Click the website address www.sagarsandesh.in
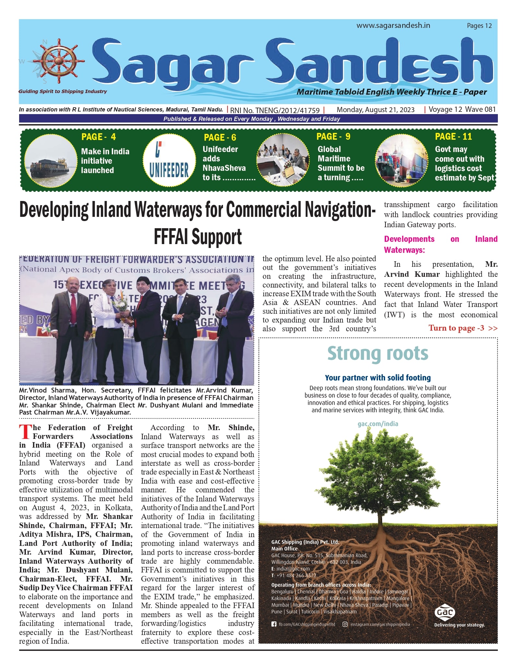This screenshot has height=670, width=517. tap(393, 26)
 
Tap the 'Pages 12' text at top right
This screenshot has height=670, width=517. tap(479, 26)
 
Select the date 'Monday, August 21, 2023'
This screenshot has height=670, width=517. tap(375, 110)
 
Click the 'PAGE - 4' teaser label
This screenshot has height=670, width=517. tap(98, 137)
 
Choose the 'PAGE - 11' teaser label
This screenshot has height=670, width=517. tap(453, 136)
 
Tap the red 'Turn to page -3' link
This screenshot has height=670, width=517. tap(462, 328)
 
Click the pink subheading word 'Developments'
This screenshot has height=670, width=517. tap(409, 239)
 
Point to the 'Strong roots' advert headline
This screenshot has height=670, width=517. tap(378, 353)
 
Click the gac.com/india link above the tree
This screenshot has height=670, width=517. tap(378, 424)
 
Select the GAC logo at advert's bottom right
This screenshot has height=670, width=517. tap(445, 612)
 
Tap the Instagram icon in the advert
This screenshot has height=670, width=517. tap(345, 624)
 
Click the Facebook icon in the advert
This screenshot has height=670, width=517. tap(274, 624)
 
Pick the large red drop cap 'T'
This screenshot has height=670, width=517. tap(26, 432)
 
